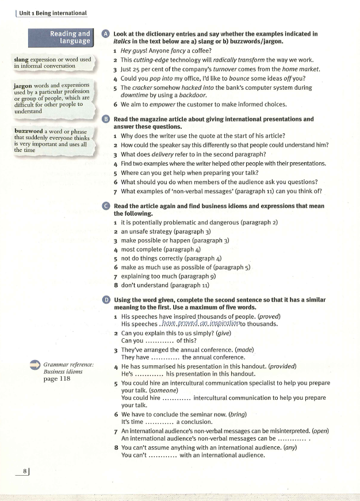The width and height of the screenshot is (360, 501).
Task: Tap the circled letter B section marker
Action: point(105,119)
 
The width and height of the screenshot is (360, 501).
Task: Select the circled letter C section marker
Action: point(105,206)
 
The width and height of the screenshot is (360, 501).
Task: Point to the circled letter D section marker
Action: point(105,300)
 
